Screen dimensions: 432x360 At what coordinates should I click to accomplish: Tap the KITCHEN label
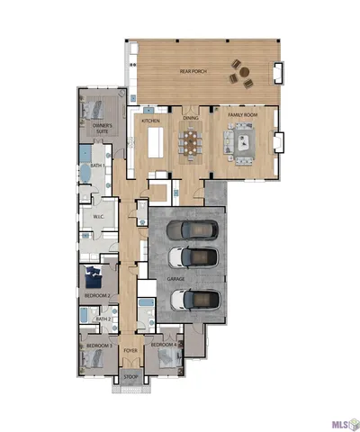[x=149, y=119]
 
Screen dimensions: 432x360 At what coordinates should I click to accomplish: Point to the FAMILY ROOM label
[x=243, y=116]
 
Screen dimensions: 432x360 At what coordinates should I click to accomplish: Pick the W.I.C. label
[x=99, y=217]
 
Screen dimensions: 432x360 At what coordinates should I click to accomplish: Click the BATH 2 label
[x=103, y=319]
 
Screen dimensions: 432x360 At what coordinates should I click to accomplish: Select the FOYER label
[x=130, y=350]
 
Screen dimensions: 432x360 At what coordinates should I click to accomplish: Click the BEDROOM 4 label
[x=162, y=345]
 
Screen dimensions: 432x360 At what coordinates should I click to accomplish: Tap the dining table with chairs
[x=191, y=142]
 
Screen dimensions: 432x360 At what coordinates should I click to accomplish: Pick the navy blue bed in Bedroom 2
[x=93, y=276]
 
